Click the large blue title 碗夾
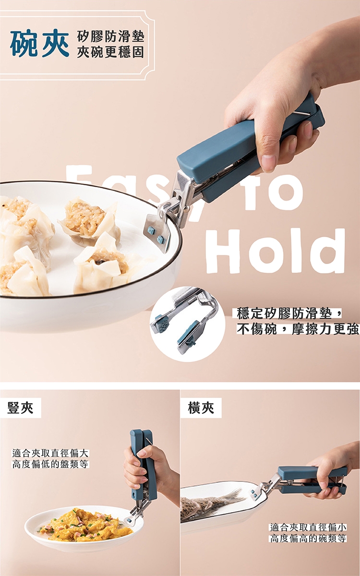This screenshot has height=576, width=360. [x=39, y=44]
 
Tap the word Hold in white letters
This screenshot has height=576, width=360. [x=276, y=251]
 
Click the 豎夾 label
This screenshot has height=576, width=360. [x=20, y=408]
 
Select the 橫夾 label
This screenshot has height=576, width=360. [x=201, y=408]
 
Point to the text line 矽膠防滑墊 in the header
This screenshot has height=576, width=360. [x=110, y=37]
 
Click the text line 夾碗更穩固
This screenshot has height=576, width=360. [x=110, y=52]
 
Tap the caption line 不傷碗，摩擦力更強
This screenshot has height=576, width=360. [x=298, y=329]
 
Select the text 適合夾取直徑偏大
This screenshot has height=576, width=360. [x=50, y=453]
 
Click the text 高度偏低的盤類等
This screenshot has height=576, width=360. [x=50, y=464]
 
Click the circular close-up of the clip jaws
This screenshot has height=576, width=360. [x=188, y=324]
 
